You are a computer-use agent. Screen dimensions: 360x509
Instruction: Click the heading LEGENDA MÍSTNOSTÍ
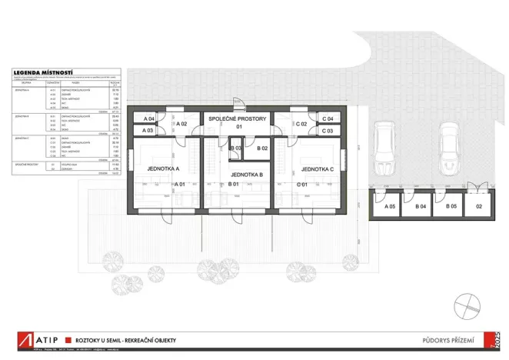[43, 75]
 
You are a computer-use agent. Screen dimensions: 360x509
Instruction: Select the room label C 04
[328, 119]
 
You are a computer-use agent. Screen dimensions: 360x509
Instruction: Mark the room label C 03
[328, 131]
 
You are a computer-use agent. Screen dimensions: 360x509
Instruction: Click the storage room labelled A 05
[390, 207]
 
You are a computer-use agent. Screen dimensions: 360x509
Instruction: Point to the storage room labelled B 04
[421, 207]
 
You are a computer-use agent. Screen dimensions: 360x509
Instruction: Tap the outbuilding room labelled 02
[478, 207]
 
